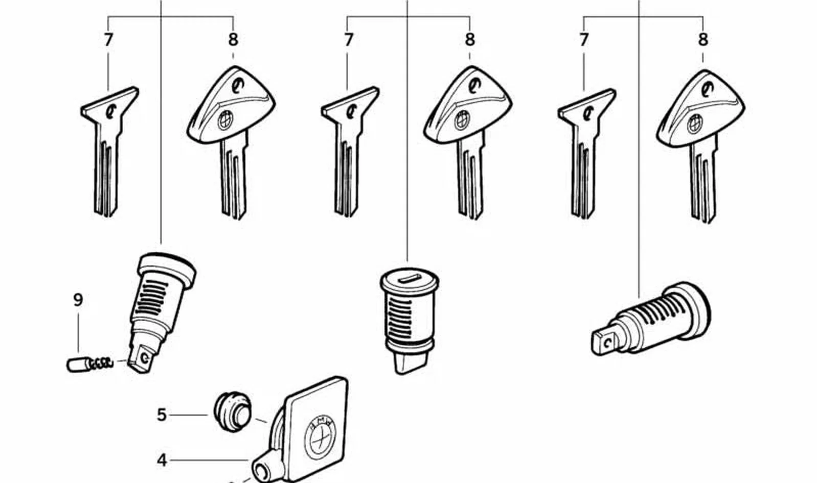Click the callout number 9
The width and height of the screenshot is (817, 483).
[x=78, y=300]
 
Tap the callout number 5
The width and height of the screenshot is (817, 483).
[x=162, y=415]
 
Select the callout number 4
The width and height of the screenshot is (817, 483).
[x=162, y=461]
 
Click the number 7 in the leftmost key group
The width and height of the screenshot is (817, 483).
[x=108, y=40]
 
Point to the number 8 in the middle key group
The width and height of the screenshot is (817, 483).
[x=470, y=40]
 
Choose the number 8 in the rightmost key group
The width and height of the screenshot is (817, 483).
[x=703, y=40]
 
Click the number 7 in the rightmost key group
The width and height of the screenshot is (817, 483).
[x=584, y=40]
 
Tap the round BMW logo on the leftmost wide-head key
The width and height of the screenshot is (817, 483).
[x=225, y=120]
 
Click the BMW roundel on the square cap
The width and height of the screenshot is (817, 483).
[x=320, y=438]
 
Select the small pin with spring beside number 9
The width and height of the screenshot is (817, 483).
[x=89, y=364]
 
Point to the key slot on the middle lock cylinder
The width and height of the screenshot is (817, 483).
[x=410, y=279]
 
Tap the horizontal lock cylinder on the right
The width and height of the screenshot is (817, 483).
[x=650, y=318]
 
